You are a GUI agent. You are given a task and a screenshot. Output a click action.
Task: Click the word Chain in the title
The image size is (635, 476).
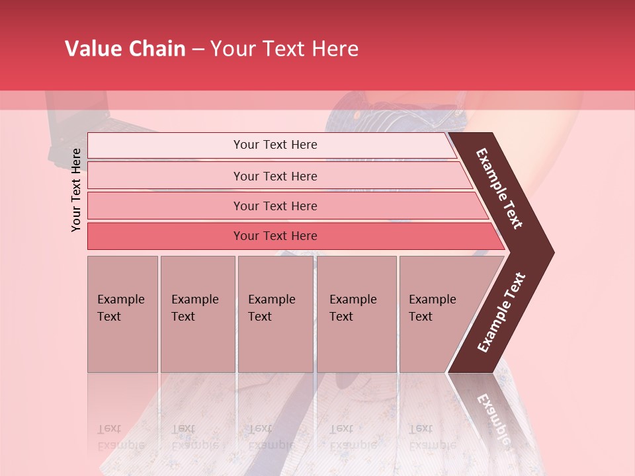coord(157,49)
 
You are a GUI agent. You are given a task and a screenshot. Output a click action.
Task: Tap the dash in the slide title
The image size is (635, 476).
coord(198,50)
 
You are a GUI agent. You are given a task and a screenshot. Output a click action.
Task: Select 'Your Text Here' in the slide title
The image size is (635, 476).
coord(284,49)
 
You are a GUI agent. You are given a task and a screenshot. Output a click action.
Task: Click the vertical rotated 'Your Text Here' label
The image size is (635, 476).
coord(76,190)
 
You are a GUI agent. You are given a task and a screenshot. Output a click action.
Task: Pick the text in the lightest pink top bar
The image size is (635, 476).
coord(275,145)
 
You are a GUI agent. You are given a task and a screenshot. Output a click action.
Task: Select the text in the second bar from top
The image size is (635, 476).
coord(275,177)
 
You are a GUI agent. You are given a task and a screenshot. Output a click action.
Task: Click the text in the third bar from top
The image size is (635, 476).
coord(275,206)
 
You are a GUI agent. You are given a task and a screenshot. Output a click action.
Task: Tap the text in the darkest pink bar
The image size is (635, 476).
coord(275,236)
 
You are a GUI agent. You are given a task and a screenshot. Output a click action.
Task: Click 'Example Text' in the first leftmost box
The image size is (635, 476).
coord(120,308)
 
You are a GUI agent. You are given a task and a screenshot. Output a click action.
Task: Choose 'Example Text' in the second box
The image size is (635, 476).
coord(194,308)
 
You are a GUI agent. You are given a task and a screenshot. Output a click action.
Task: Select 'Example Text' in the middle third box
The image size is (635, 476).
coord(271,308)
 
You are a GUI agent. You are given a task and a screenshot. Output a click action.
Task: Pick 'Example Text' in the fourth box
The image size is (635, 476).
coord(353,308)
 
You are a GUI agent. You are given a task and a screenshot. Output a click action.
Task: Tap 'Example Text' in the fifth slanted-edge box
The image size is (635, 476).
coord(432,308)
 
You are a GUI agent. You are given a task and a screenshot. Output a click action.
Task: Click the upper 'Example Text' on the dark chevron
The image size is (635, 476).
coord(499,188)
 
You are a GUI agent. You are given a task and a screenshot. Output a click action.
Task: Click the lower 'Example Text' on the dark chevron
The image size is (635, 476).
coord(501,313)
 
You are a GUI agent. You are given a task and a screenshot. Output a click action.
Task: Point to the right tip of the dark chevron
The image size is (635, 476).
coord(552,253)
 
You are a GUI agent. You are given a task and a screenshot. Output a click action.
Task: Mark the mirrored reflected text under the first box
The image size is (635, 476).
coord(120,437)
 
